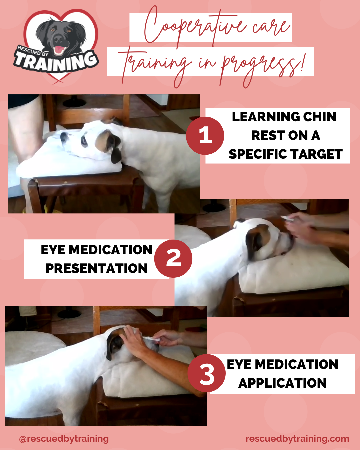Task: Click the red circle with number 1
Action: [x=205, y=136]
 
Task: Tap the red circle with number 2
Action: [x=173, y=259]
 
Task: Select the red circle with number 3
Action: [x=206, y=373]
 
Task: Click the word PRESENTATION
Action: [x=96, y=268]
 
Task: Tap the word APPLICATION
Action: [x=282, y=383]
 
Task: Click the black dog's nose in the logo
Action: [x=58, y=39]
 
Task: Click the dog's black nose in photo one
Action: [x=64, y=137]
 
